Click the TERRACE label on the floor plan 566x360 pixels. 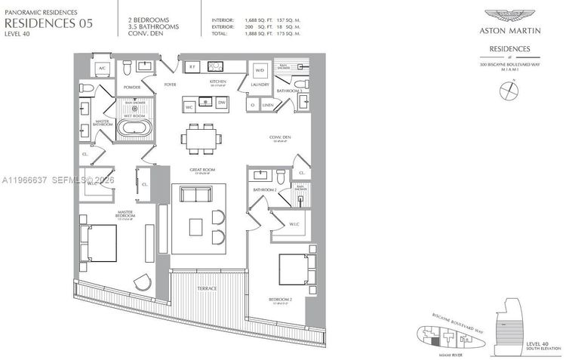208,289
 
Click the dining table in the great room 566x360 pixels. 201,138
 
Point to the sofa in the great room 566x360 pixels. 195,195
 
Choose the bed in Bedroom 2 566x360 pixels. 294,269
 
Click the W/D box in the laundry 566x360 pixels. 260,71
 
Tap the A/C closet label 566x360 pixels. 102,69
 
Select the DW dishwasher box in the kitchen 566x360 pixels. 221,103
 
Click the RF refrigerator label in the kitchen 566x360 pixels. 192,67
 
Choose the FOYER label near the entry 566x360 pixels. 170,85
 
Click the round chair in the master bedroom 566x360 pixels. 141,282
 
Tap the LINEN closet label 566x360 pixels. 268,106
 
